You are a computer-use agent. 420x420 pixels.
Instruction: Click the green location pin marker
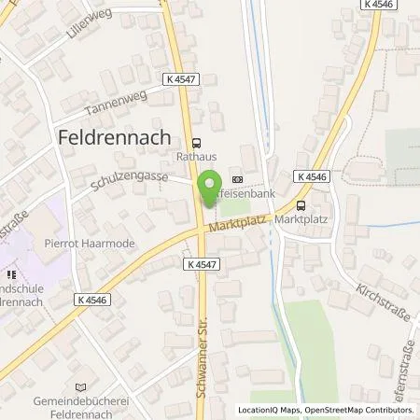point(210,183)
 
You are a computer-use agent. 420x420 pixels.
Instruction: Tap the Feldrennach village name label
point(117,136)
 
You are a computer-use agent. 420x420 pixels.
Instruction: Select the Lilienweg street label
point(90,32)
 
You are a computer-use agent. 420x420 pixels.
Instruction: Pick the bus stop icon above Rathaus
point(195,143)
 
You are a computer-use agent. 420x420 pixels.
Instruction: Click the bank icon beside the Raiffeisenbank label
point(237,180)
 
